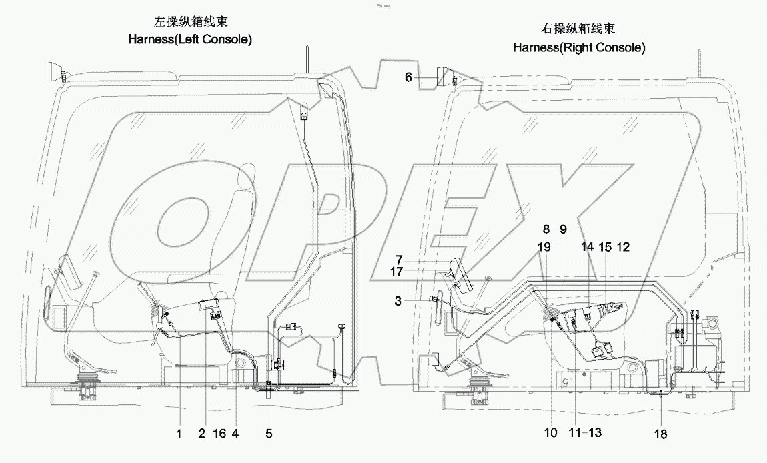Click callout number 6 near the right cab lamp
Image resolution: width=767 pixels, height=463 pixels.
[x=408, y=77]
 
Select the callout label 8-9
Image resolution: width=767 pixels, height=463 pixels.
[x=554, y=229]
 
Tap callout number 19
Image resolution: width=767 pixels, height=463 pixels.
[x=544, y=247]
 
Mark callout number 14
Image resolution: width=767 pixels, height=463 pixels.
[x=587, y=247]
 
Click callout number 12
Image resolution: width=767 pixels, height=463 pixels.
[x=622, y=247]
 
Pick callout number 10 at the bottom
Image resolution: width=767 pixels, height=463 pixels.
[x=550, y=433]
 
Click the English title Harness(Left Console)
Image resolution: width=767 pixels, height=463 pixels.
[x=190, y=40]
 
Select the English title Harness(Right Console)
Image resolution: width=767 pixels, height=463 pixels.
[x=579, y=47]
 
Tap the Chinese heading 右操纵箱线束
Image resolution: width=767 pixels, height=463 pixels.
[x=578, y=29]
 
